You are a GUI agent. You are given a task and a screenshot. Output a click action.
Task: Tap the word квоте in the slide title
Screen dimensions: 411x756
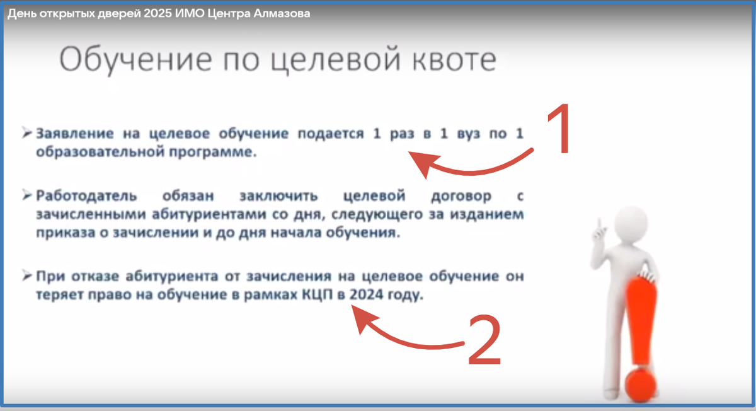click(448, 61)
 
